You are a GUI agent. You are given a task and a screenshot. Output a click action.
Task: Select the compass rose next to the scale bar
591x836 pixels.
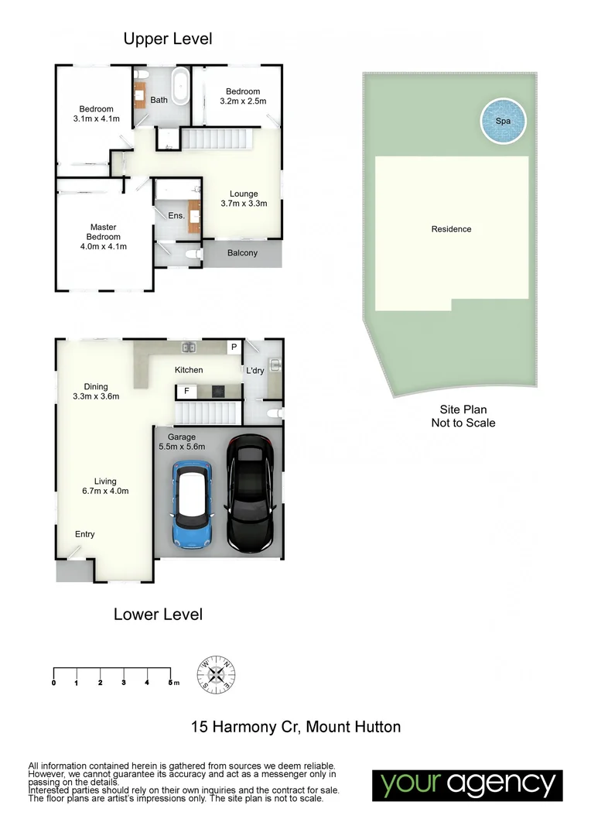217,673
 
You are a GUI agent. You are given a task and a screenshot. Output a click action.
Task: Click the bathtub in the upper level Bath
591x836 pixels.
180,87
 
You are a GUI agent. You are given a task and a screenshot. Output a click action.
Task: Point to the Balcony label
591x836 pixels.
242,254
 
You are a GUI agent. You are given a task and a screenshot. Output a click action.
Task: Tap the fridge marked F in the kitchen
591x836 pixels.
186,392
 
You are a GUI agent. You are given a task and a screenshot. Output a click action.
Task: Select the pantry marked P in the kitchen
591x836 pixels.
233,348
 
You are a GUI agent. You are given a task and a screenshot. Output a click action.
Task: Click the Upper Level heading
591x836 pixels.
167,38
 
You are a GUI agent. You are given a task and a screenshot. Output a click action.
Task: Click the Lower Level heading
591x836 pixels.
158,615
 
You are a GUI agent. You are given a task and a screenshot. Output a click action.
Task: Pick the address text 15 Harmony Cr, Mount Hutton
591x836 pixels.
295,727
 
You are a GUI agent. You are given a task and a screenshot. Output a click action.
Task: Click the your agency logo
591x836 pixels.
467,785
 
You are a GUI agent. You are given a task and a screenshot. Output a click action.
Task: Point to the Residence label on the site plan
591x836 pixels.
451,229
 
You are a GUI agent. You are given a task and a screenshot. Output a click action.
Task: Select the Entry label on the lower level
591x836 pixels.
85,535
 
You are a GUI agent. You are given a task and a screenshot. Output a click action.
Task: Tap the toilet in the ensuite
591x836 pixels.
194,254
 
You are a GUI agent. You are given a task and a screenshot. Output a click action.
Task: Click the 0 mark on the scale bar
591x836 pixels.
53,682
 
